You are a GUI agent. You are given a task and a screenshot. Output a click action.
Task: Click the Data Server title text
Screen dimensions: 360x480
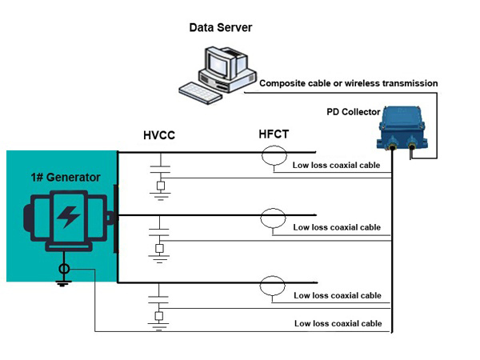point(220,28)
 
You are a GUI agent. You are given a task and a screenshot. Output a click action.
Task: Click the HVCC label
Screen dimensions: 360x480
point(158,137)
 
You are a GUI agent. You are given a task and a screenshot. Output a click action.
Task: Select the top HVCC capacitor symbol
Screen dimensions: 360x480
point(160,171)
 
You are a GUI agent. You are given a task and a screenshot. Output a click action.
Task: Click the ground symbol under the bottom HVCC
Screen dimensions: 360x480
point(160,324)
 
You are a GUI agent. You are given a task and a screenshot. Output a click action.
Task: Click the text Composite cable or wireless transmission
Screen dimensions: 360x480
point(349,83)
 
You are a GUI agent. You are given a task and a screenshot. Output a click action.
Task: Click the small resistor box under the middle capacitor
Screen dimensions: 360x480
point(160,250)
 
